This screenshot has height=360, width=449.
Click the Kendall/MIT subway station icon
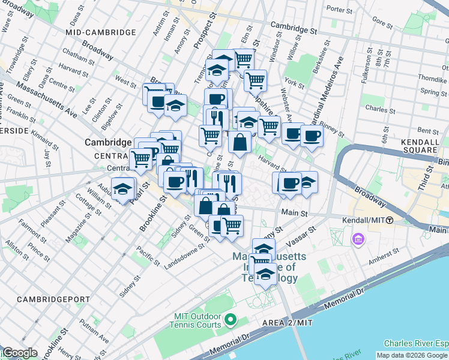coord(390,220)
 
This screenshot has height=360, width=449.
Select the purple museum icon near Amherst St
coord(359,240)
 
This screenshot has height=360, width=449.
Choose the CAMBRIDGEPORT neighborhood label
coord(53,299)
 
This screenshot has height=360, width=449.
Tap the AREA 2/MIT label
coord(288,323)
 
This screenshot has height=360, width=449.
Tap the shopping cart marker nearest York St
coord(256,80)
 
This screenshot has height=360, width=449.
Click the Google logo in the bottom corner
coord(19,353)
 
